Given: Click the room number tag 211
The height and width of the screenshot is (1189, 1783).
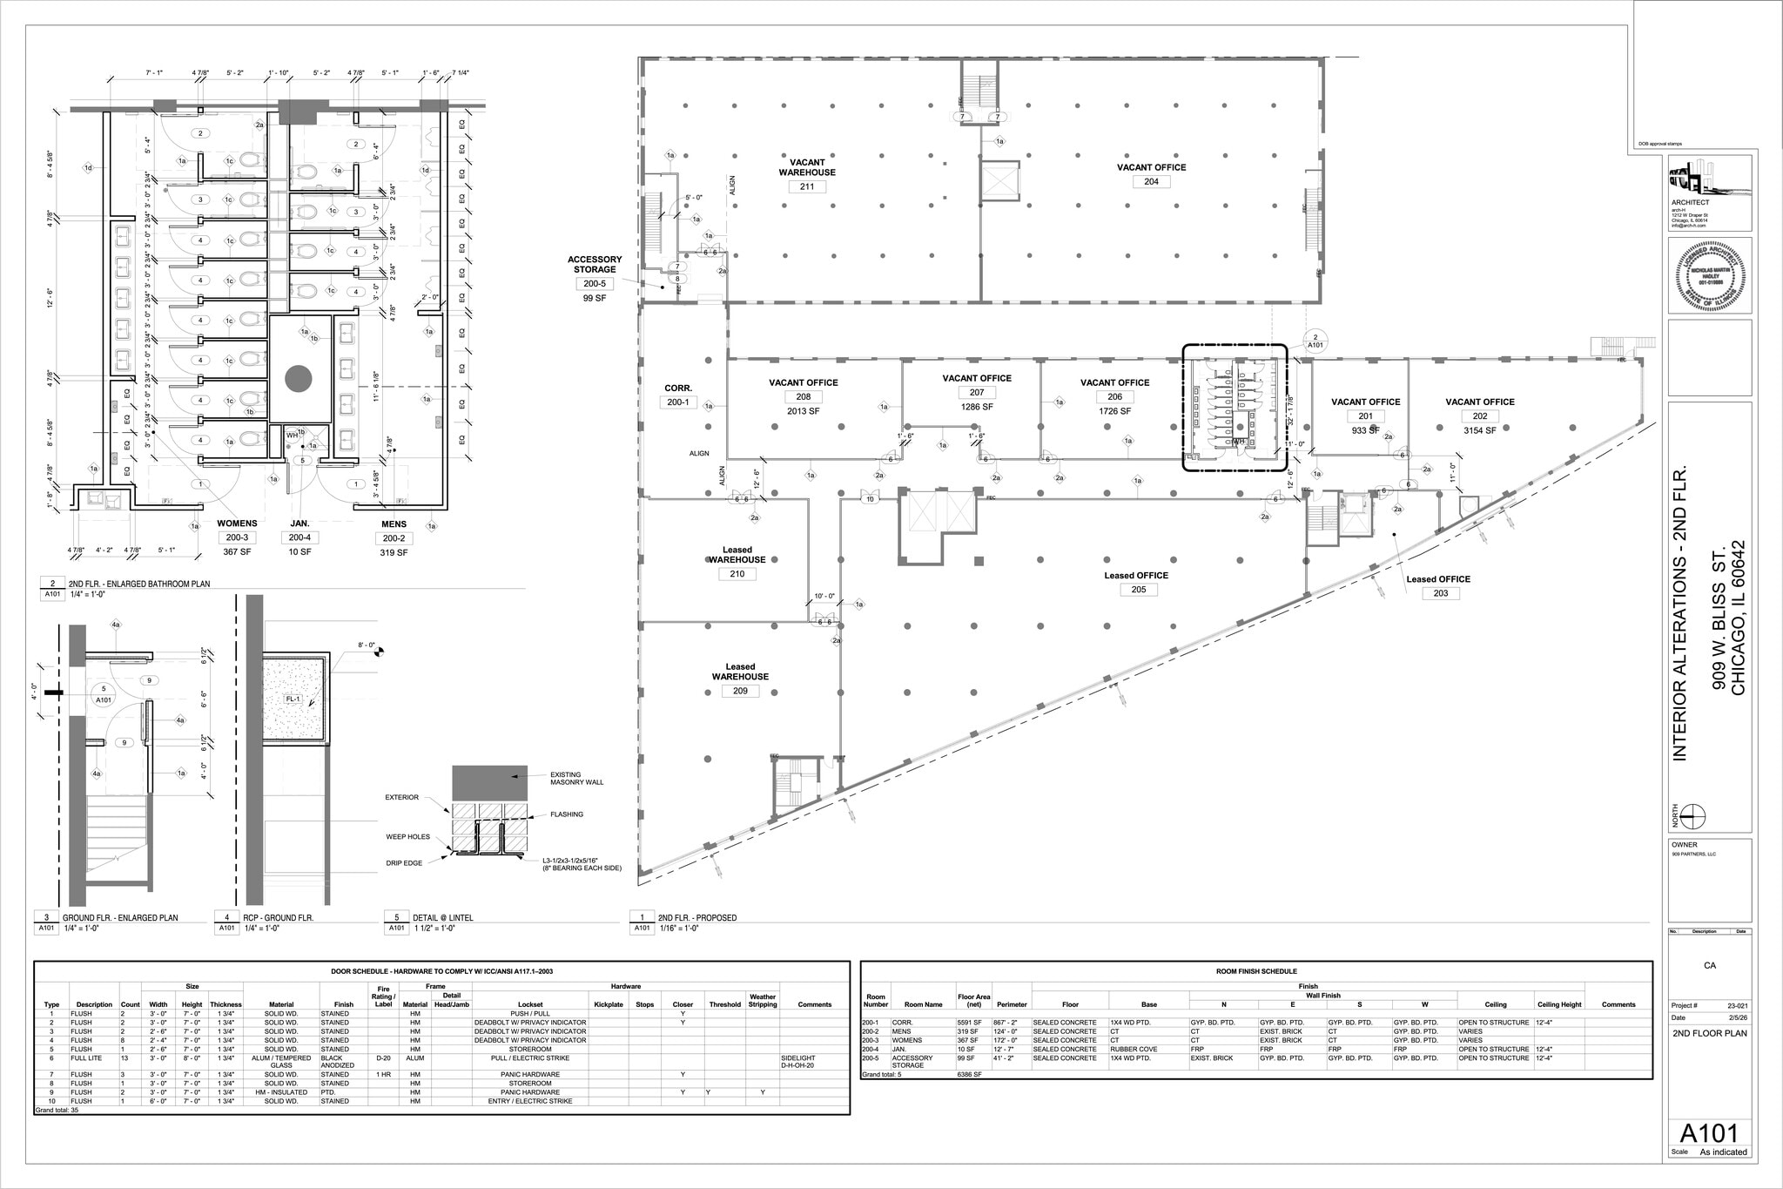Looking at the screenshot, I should (806, 186).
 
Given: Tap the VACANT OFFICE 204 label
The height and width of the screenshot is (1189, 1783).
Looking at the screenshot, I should (1151, 167).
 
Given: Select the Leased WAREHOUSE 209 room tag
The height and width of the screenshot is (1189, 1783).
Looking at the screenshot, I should (740, 691).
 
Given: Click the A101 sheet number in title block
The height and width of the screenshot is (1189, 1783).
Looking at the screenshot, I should (1708, 1133).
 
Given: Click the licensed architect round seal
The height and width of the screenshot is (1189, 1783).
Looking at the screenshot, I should (1710, 278).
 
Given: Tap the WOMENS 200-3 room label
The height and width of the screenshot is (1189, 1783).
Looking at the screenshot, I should (237, 524).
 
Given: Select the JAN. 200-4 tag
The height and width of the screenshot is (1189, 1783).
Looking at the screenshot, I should (299, 537).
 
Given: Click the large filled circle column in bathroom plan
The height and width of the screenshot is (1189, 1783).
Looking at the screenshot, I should (299, 379).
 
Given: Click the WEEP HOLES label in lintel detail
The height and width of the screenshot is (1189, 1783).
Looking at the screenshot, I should (407, 836).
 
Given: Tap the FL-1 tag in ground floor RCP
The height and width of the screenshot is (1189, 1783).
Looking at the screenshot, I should (293, 699).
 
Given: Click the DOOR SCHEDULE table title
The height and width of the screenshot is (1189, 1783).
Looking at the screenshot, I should (442, 970).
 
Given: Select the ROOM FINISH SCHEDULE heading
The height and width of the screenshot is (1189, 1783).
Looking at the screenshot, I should (1255, 970).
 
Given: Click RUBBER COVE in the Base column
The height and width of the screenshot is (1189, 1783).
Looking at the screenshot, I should (1131, 1049).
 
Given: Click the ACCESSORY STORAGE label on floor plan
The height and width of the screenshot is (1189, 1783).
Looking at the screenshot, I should (595, 264).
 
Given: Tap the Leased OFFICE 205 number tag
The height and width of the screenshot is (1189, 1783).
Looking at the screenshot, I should (1139, 590).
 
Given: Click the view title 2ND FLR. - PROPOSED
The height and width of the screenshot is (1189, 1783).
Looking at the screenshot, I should (696, 917).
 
